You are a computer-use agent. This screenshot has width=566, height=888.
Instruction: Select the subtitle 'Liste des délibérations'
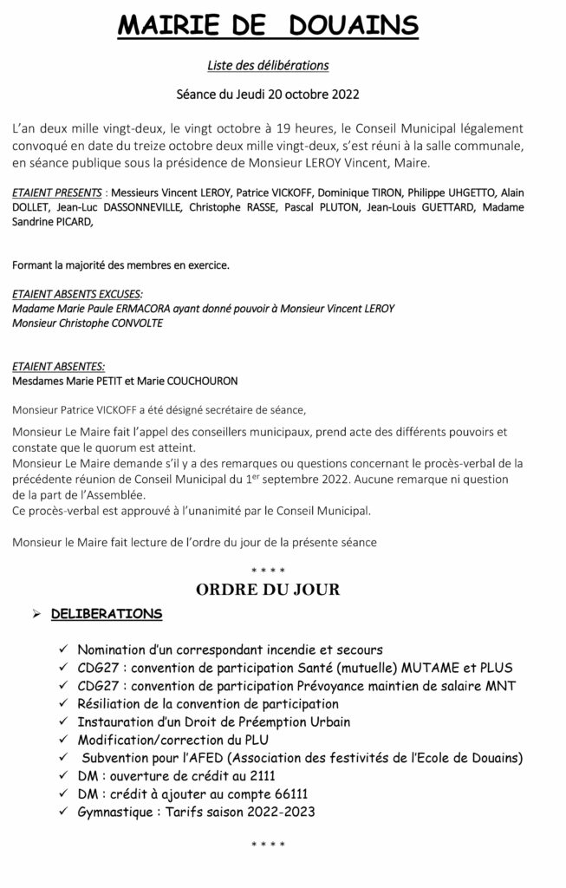(269, 64)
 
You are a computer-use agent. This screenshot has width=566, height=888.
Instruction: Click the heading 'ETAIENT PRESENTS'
(55, 191)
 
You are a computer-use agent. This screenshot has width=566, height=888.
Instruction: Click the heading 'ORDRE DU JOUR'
(268, 590)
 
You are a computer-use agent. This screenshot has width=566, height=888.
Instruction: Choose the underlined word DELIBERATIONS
(106, 614)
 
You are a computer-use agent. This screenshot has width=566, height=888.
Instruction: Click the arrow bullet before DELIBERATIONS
(36, 614)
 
